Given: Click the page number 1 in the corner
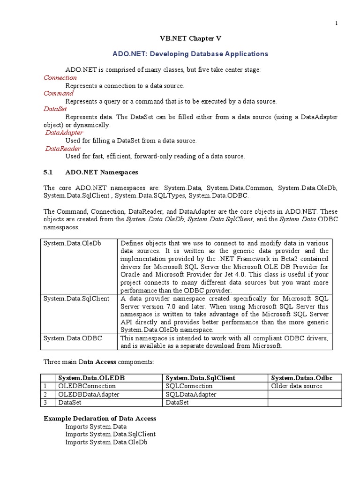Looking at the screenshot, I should pos(336,24).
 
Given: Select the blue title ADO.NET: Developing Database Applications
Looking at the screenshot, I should pos(190,54).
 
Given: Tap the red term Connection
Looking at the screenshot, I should pos(60,78).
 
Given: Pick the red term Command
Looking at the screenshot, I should pos(59,93).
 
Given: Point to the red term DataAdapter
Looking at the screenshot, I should pos(64,133).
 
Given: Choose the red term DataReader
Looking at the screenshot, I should pos(63,149).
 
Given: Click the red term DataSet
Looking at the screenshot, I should pos(55,109).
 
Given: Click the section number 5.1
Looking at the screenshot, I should pos(49,172).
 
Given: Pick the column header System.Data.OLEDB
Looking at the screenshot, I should pos(91,378).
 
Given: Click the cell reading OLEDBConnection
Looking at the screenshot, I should pos(87,386).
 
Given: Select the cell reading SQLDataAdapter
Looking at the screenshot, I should pos(191,394).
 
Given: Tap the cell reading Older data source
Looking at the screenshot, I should pos(297,386).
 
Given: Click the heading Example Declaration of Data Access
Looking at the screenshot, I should pos(100,418).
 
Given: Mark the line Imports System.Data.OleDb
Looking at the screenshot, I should pos(106,442).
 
